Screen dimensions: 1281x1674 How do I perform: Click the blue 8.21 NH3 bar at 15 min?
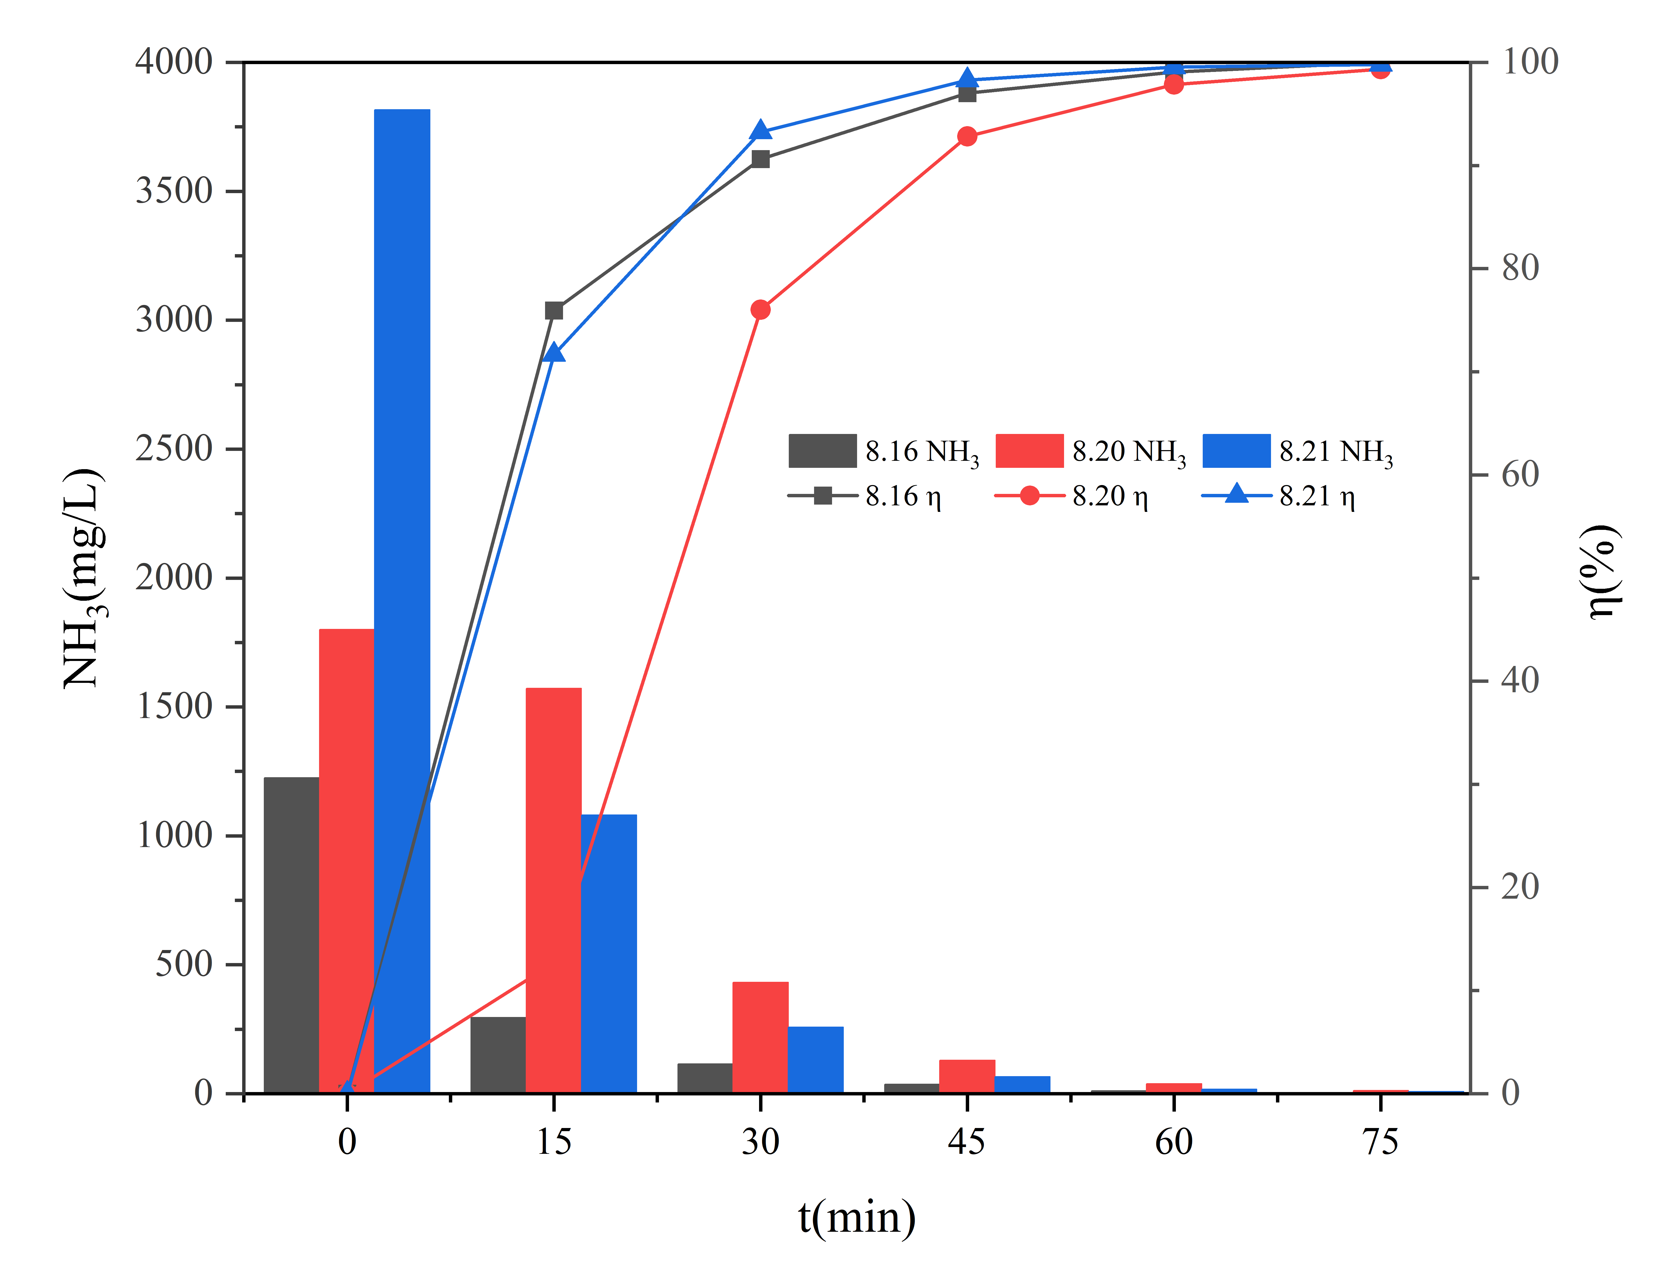click(609, 953)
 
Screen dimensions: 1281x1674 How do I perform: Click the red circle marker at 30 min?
click(760, 310)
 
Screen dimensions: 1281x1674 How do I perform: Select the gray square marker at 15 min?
click(554, 310)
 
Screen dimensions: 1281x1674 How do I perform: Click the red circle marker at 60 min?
click(1175, 84)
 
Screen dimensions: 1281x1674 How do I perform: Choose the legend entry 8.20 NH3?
click(1091, 451)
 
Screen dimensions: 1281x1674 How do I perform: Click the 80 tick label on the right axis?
click(1520, 268)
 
